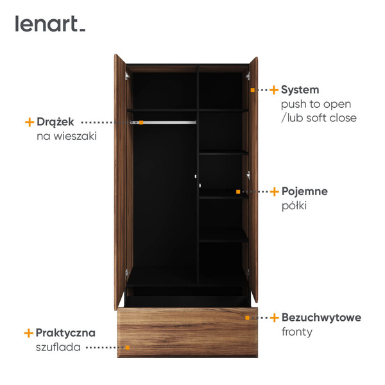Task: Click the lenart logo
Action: point(50,24)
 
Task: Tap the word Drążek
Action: point(55,122)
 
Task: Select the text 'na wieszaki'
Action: point(67,136)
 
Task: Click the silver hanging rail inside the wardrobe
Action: point(163,122)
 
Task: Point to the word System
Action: point(300,90)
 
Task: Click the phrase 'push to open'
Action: point(316,105)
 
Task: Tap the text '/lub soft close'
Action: point(319,118)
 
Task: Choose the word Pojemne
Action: point(305,191)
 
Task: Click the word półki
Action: point(294,205)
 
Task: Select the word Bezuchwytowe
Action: point(321,318)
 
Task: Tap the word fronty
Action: point(297,332)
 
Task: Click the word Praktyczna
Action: point(65,333)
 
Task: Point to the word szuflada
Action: point(58,347)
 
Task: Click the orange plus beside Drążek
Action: point(30,122)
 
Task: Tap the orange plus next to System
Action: point(274,90)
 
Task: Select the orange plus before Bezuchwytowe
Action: point(274,318)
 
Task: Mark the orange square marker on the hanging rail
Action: point(141,123)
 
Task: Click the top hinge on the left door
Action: point(127,76)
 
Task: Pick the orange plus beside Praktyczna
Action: point(28,333)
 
